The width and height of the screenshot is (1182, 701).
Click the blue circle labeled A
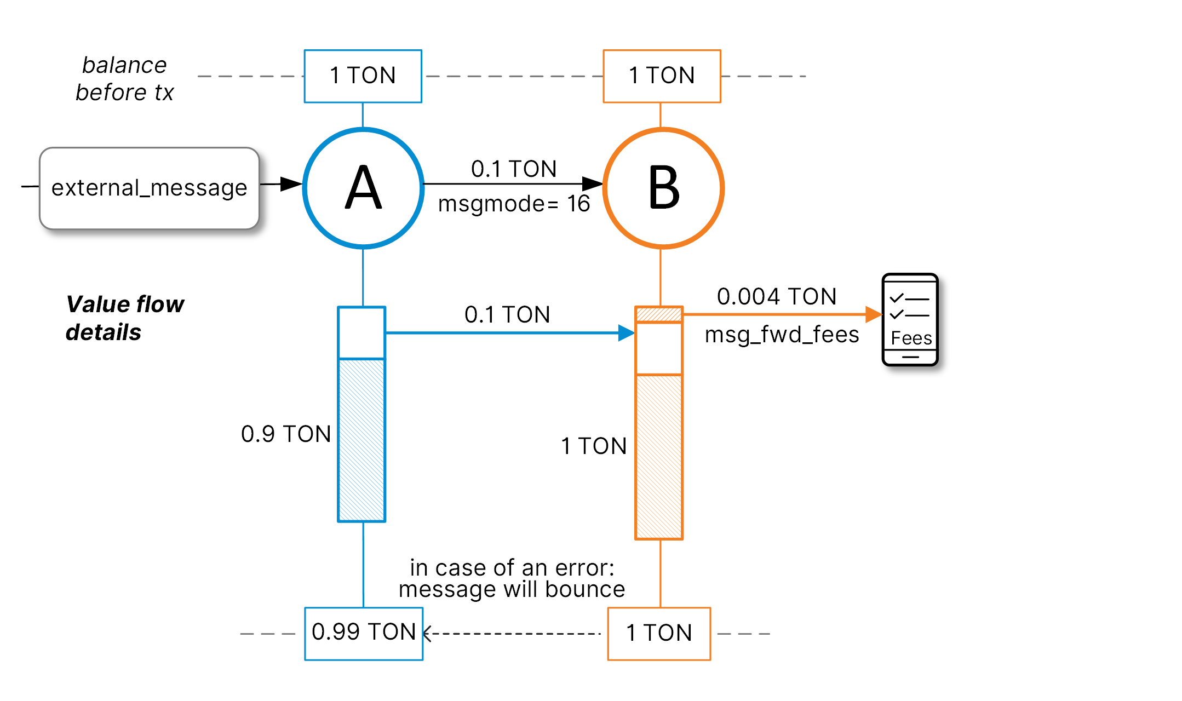363,188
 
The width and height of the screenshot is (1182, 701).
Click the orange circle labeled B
663,188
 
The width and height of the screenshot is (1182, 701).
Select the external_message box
149,188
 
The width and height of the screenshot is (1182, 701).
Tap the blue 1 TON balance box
363,76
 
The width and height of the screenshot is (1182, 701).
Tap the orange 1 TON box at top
662,76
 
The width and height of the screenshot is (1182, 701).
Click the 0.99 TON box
364,633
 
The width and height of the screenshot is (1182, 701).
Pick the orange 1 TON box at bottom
659,633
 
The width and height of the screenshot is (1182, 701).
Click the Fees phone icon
910,320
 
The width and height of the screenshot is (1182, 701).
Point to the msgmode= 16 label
514,204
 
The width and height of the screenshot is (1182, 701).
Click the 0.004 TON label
777,296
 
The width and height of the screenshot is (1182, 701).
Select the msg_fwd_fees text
782,335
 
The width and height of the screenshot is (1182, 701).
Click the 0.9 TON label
286,434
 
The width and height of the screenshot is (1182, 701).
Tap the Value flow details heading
125,318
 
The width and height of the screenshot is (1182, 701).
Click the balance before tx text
125,79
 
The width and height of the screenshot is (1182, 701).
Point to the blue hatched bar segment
362,440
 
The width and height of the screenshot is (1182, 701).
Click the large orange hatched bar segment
659,457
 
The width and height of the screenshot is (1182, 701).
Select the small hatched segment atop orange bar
659,314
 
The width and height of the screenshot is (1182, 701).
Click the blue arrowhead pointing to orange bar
626,332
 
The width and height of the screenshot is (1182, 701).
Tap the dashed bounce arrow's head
427,634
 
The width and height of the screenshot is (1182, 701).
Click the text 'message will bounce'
512,590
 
